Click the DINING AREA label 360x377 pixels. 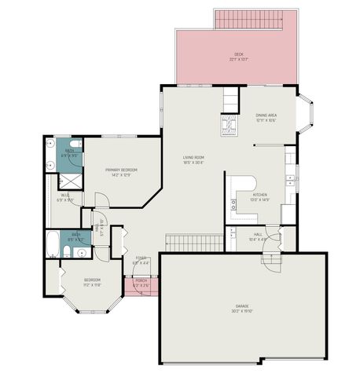click(x=266, y=116)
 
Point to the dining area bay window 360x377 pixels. click(x=306, y=114)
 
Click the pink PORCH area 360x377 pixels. click(x=141, y=284)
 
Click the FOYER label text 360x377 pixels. click(x=141, y=258)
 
